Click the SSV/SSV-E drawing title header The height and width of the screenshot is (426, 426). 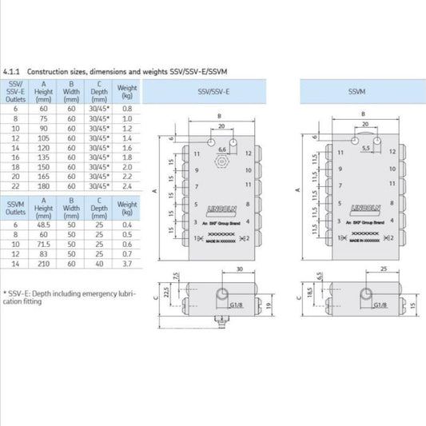(x=213, y=92)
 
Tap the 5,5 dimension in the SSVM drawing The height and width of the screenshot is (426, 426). (x=365, y=149)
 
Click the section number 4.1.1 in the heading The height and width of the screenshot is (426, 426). (x=13, y=71)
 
